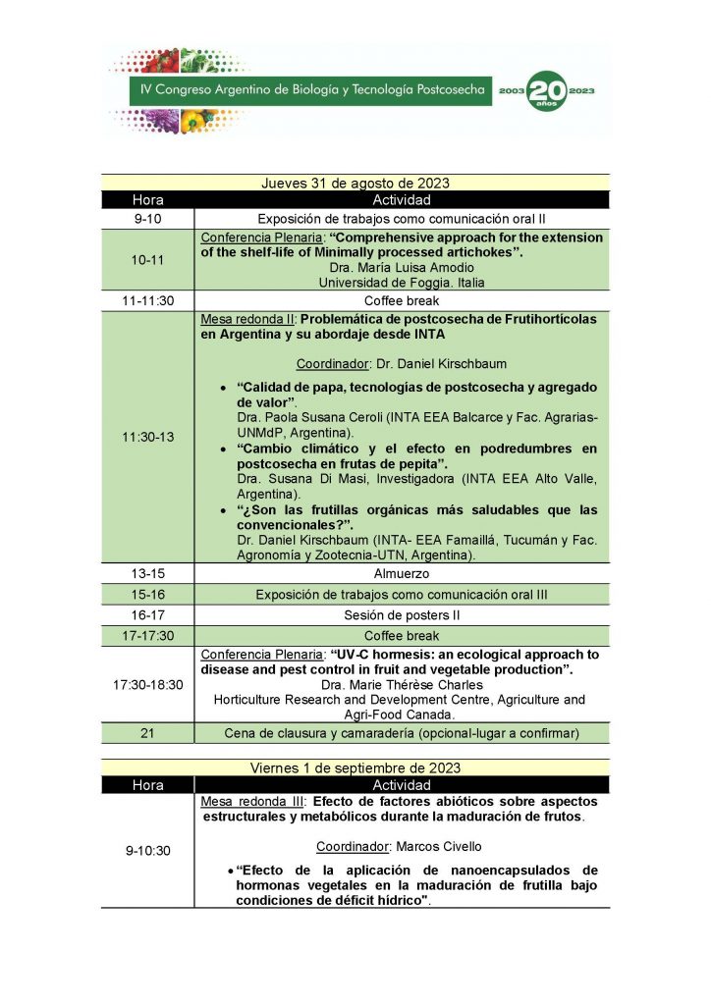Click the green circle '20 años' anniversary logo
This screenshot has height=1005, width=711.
tap(547, 90)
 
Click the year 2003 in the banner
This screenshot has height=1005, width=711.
tap(511, 90)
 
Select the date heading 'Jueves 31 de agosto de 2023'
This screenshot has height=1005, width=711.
tap(355, 183)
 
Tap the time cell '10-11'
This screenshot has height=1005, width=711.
tap(148, 260)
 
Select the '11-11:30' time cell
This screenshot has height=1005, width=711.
tap(148, 301)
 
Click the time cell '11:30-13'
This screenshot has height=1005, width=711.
tap(148, 438)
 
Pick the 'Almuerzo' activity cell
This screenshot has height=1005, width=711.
tap(402, 573)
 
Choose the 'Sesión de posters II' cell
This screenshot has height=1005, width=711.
tap(402, 615)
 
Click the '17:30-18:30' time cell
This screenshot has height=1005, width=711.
tap(148, 684)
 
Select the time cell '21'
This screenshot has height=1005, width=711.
tap(148, 733)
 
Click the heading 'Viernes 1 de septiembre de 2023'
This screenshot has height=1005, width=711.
tap(355, 767)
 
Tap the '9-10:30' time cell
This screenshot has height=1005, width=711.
tap(148, 851)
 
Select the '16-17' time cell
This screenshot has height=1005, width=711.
tap(148, 615)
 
